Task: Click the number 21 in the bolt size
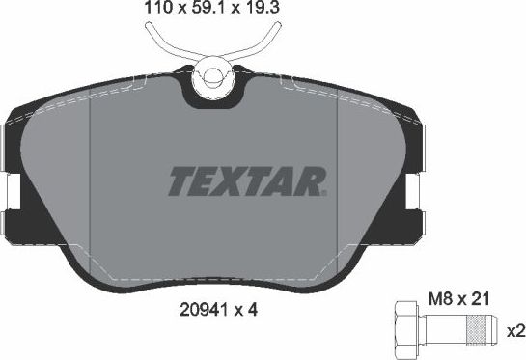477,300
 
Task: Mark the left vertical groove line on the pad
90,183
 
